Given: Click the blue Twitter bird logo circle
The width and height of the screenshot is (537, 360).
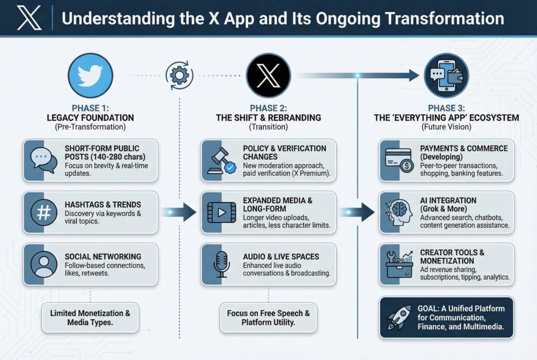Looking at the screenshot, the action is coord(90,75).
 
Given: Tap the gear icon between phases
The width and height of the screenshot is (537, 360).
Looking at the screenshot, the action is coord(179,75).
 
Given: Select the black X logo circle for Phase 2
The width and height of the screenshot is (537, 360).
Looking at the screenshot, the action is coord(268,75).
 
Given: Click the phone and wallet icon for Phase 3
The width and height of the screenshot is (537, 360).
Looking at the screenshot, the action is coord(446,75).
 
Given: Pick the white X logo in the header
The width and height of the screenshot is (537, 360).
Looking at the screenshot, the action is coord(29,17).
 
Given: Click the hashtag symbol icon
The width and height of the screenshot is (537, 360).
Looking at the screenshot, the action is coord(44,213).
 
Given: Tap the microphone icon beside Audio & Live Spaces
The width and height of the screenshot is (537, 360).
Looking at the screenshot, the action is coord(221,264).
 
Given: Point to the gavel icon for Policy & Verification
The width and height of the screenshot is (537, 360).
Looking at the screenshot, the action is coord(222,160).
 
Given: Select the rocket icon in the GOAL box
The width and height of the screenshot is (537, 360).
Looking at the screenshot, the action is coord(400,317).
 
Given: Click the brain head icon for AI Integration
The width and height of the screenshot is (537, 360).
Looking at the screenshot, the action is coord(399,213).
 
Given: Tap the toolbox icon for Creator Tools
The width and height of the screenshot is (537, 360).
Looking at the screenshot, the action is coord(399,264).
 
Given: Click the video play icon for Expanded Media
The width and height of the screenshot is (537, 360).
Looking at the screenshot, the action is coord(222,213).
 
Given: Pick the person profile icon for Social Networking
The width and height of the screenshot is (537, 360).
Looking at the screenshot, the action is coord(44,264).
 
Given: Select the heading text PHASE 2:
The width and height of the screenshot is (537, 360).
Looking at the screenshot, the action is coord(268,108).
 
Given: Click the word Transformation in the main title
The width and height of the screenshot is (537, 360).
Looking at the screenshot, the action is coord(445,18).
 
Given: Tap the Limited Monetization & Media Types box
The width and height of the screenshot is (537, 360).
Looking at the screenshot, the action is coord(90,318).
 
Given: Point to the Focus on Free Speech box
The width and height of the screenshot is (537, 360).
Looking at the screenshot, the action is coord(268,318).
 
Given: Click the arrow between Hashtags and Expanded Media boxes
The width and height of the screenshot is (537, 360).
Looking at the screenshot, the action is coord(179,213).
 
